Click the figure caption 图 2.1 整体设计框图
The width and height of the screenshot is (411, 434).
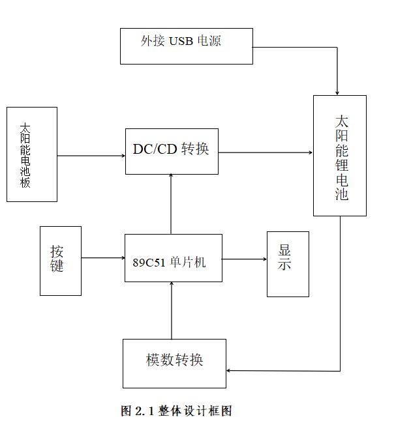(176, 411)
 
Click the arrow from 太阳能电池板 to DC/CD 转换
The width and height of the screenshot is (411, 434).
(91, 156)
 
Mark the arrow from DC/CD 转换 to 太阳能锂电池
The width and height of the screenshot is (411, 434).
(266, 152)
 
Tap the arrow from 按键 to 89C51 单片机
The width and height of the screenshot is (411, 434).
(103, 258)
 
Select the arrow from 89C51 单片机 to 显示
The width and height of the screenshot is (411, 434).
(245, 259)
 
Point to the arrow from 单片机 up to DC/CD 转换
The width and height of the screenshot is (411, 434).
(171, 204)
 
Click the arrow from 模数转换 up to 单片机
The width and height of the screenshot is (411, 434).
(172, 311)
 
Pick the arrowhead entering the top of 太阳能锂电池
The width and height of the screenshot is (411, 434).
(337, 93)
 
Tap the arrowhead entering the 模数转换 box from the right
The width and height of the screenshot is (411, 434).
(228, 371)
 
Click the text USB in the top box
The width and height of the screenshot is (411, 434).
(181, 41)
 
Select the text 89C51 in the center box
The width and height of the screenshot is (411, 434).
(149, 263)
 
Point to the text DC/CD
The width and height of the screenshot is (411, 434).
(155, 149)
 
